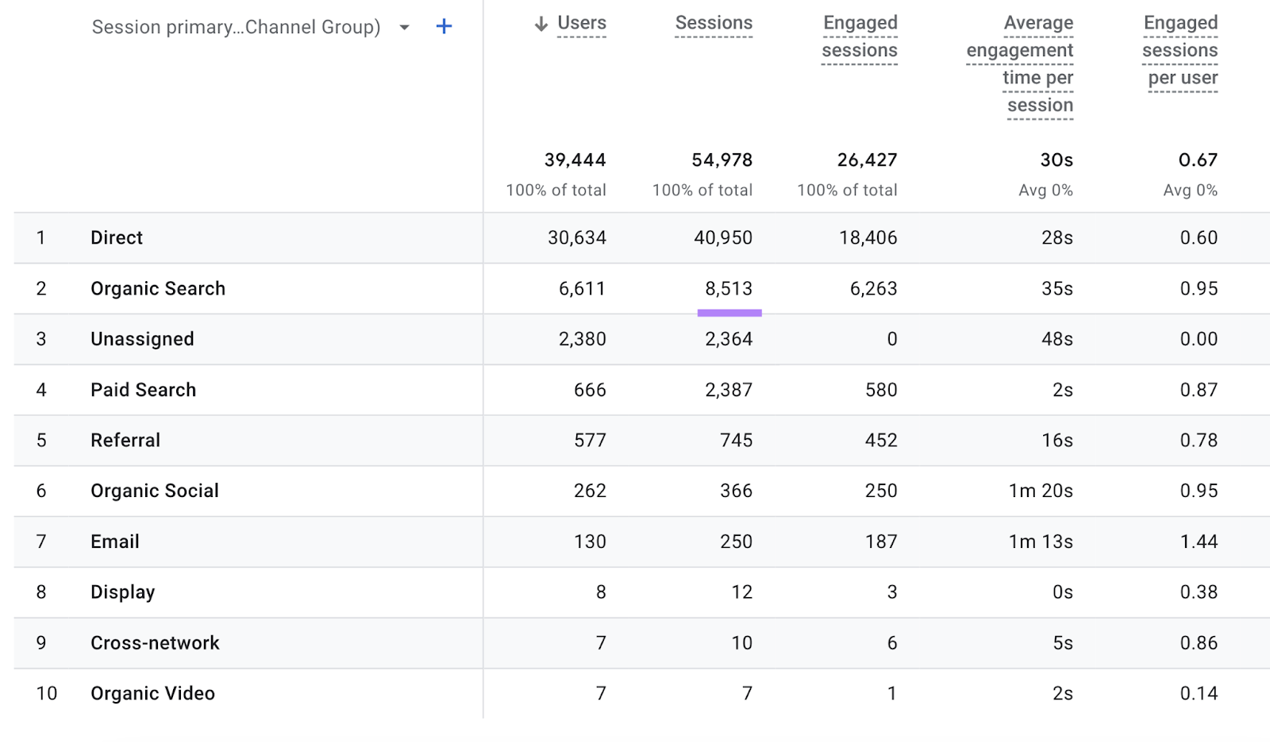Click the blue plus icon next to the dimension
[444, 27]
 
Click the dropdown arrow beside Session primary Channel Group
[404, 28]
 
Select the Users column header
[581, 24]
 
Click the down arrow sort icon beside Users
[541, 25]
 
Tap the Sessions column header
[714, 24]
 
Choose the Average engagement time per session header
[1020, 64]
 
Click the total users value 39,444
[575, 160]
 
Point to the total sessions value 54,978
[722, 160]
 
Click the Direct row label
[117, 238]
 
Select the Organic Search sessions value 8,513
[729, 289]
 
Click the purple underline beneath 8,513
[729, 313]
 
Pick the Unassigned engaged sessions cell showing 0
[891, 340]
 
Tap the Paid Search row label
[143, 390]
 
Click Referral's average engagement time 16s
[1056, 441]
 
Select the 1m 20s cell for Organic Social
[1041, 492]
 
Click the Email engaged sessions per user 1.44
[1199, 542]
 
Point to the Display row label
[122, 592]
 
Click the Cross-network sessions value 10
[741, 643]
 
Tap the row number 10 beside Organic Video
[46, 694]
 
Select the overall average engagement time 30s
[1056, 160]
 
